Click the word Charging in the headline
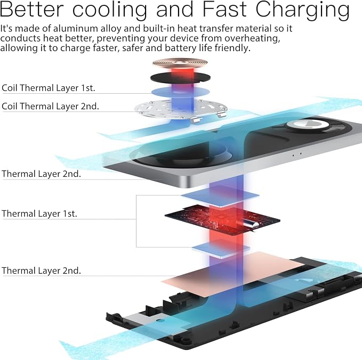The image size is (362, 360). (x=302, y=10)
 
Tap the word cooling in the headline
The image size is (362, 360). (x=110, y=10)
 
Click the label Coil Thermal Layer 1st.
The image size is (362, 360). (x=49, y=88)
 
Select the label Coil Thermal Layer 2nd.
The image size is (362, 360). (x=50, y=107)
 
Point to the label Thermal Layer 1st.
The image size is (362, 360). (x=39, y=214)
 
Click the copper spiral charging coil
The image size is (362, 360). (x=180, y=63)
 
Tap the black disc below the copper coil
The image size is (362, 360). (x=180, y=78)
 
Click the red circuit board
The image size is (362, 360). (x=222, y=220)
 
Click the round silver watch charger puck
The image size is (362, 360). (x=308, y=125)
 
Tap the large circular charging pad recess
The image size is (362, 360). (x=181, y=153)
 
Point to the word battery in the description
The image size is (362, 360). (x=181, y=48)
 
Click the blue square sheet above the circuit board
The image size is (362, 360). (x=220, y=196)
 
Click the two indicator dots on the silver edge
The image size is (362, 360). (x=297, y=154)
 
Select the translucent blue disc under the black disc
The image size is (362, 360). (x=181, y=92)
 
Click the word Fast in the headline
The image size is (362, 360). (x=224, y=10)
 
